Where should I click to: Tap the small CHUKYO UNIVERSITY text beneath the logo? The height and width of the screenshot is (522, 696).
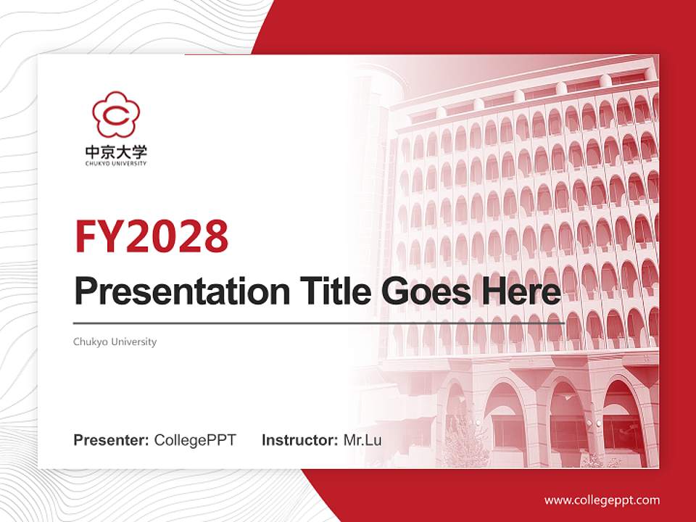tap(116, 164)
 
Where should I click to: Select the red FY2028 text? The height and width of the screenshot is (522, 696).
tap(152, 235)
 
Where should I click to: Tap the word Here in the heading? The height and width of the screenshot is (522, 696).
tap(522, 291)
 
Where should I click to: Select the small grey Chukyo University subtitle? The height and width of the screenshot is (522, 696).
tap(115, 341)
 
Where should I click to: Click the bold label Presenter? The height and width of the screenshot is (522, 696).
tap(112, 440)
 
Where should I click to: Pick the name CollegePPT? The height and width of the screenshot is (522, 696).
tap(195, 440)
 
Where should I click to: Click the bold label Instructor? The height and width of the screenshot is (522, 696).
tap(299, 440)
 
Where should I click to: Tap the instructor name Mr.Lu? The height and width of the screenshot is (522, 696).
tap(362, 440)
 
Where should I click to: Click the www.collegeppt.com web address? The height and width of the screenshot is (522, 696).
tap(602, 500)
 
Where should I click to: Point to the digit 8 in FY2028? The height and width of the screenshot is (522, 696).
tap(212, 235)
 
